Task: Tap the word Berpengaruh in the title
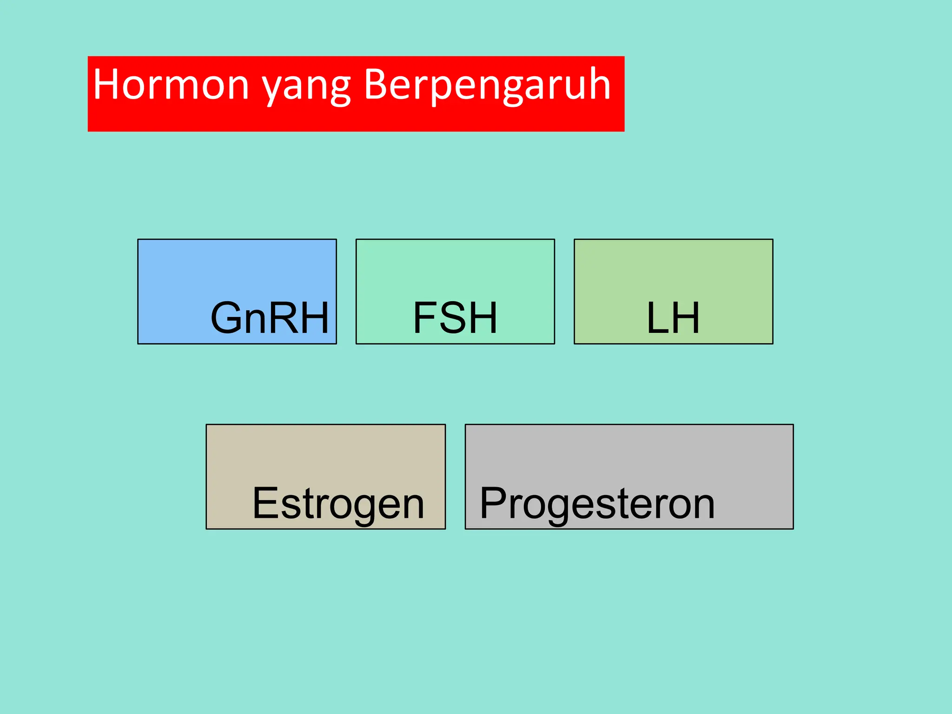(x=487, y=85)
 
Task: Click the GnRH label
(x=270, y=318)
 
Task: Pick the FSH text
(x=455, y=318)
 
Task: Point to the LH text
(x=673, y=318)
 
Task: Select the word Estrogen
(x=338, y=504)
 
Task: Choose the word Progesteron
(x=597, y=504)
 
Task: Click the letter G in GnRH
(x=228, y=318)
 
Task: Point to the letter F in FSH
(x=424, y=318)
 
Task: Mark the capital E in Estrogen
(x=265, y=503)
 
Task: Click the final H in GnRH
(x=314, y=318)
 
